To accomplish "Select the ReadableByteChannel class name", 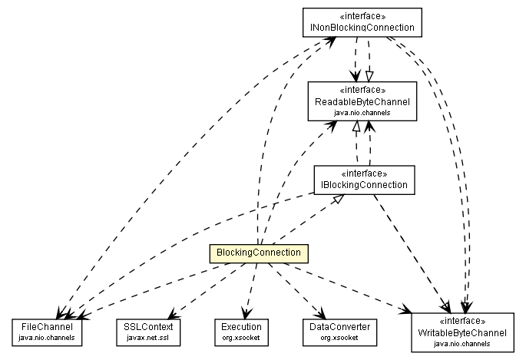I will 362,102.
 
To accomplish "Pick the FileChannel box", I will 47,331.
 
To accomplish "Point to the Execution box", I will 242,331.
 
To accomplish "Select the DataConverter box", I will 335,331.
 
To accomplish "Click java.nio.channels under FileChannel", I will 47,336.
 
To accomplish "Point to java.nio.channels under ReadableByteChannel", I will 362,112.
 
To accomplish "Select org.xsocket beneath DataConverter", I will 335,336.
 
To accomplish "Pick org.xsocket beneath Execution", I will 242,336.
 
